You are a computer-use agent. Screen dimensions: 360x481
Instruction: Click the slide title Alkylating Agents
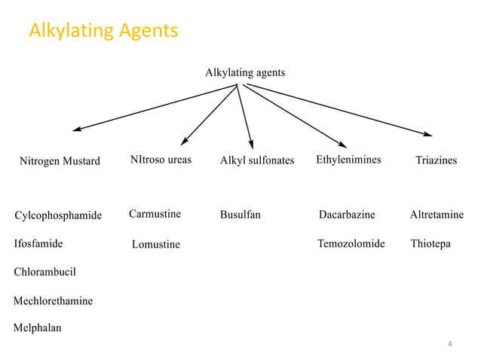click(x=103, y=31)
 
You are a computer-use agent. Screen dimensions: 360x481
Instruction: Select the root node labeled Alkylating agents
click(x=245, y=72)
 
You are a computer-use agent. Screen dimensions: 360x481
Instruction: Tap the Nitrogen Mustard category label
click(x=60, y=161)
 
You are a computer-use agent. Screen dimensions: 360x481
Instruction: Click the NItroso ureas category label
click(x=161, y=160)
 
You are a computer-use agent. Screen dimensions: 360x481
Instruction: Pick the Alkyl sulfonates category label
click(x=257, y=161)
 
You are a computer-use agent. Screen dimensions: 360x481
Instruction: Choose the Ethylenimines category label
click(x=348, y=160)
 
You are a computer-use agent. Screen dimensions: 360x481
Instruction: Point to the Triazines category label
click(x=436, y=161)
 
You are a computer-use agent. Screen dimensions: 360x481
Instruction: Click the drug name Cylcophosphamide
click(x=58, y=216)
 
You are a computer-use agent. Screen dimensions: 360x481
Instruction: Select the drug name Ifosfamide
click(x=38, y=244)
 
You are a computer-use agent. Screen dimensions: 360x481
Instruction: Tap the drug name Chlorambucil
click(x=45, y=272)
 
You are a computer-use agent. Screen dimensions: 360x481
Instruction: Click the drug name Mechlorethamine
click(x=54, y=301)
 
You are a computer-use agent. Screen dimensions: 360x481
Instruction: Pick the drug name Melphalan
click(x=38, y=328)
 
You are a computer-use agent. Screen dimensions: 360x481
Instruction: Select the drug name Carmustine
click(x=155, y=215)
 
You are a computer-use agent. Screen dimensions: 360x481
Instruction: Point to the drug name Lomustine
click(x=156, y=245)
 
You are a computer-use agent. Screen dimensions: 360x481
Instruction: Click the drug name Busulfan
click(x=240, y=215)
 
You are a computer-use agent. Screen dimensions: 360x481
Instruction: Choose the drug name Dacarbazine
click(x=347, y=215)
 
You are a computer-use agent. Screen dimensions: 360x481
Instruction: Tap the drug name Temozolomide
click(x=351, y=244)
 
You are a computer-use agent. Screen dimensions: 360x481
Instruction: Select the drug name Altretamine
click(x=437, y=215)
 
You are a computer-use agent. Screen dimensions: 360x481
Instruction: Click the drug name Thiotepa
click(x=430, y=244)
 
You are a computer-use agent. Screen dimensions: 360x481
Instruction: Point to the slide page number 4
click(x=450, y=344)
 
